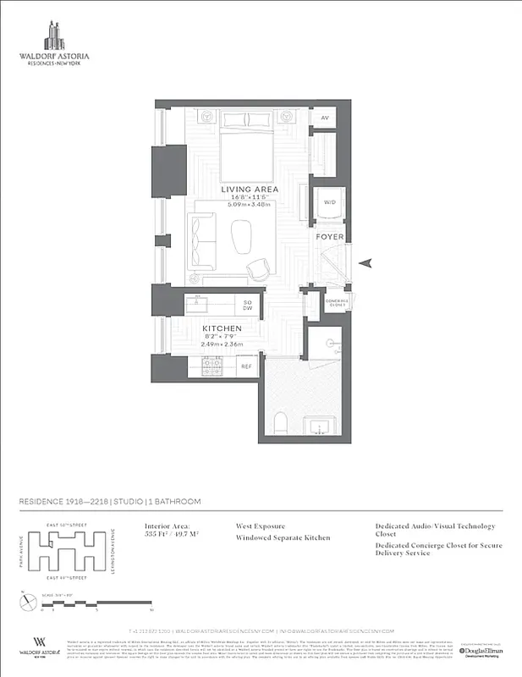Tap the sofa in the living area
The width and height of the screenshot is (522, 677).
click(x=203, y=236)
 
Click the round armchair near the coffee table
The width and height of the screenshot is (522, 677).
click(x=257, y=269)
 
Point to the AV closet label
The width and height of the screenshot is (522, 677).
click(x=323, y=118)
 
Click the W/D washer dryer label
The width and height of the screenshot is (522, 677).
click(x=328, y=203)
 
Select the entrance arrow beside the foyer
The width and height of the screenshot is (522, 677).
click(x=365, y=264)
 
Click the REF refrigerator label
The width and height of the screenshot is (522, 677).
click(x=247, y=366)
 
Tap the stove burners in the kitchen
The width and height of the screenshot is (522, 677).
click(x=211, y=367)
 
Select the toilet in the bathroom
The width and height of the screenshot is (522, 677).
click(x=285, y=421)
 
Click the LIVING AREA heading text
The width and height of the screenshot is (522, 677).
click(x=250, y=190)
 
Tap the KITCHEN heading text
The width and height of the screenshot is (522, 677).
click(x=222, y=327)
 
